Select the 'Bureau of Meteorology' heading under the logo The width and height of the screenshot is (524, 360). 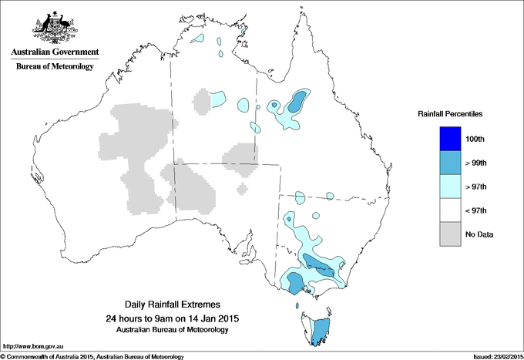(x=54, y=66)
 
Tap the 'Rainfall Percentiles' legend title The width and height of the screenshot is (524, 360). (x=450, y=113)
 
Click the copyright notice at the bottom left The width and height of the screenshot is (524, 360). (x=92, y=356)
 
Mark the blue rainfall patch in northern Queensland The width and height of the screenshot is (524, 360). (x=296, y=102)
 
